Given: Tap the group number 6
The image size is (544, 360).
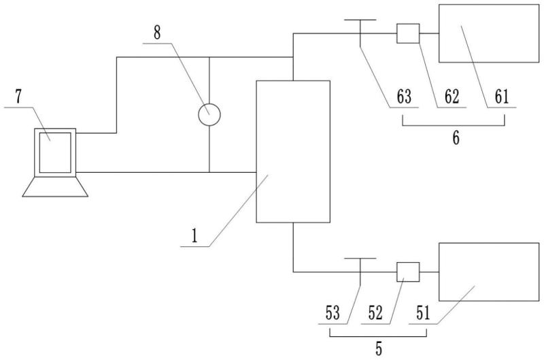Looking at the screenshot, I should (x=456, y=138).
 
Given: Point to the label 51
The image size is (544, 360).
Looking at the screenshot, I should (x=423, y=313).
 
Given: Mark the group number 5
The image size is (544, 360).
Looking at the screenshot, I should (x=379, y=350).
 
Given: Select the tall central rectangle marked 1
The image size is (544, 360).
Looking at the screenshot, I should (x=292, y=151).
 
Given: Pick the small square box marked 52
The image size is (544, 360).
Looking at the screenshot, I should (x=408, y=272).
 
